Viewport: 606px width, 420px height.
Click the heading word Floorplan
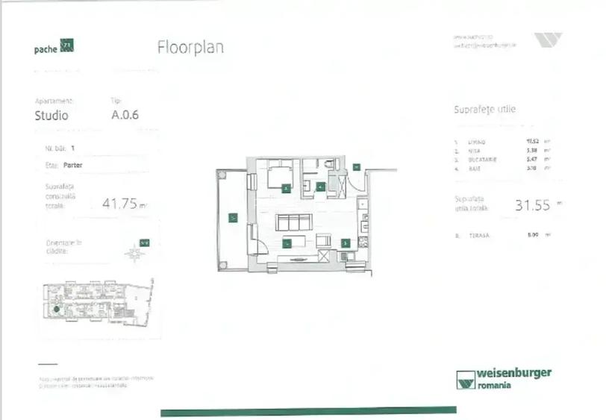click(190, 47)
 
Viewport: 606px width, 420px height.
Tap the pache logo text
click(46, 50)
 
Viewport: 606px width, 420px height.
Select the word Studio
click(51, 116)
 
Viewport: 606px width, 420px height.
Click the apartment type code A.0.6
click(125, 115)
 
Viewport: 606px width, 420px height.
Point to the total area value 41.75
click(120, 202)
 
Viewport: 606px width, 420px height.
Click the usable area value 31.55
click(532, 205)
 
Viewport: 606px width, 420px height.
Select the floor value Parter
click(73, 165)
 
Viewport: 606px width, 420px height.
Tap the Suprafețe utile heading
click(484, 110)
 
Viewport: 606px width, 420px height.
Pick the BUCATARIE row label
click(481, 160)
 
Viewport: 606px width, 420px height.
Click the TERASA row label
click(478, 236)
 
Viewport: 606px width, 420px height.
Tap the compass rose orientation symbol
click(135, 253)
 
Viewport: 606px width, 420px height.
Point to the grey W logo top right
click(548, 40)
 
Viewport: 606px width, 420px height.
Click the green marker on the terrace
click(233, 218)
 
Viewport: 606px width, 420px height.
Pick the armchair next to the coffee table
click(323, 240)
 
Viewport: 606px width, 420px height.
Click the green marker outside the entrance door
click(357, 166)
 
